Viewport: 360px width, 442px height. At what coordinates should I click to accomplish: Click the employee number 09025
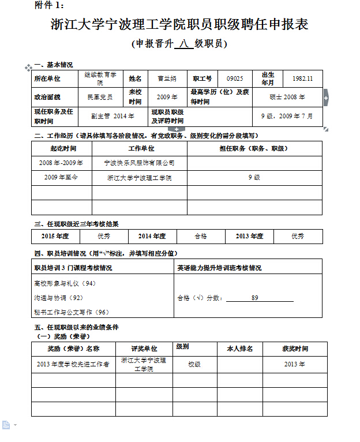(235, 78)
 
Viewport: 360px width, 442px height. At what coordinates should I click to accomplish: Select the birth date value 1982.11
(302, 78)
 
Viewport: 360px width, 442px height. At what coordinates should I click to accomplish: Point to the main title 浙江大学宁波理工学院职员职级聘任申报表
(179, 25)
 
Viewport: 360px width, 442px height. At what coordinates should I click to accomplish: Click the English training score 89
(254, 298)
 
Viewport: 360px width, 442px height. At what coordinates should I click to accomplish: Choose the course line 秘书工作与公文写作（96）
(72, 312)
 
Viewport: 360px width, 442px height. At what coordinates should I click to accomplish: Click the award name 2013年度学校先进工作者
(73, 365)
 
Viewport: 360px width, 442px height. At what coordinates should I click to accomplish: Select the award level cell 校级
(194, 365)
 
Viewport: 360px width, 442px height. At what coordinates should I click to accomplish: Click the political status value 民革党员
(100, 97)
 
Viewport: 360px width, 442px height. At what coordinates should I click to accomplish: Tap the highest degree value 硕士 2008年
(287, 97)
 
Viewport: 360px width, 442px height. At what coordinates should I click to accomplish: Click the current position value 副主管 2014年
(112, 116)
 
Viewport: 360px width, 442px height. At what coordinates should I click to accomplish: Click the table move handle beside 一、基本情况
(28, 68)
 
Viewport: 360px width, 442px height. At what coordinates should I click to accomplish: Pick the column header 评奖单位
(144, 349)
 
